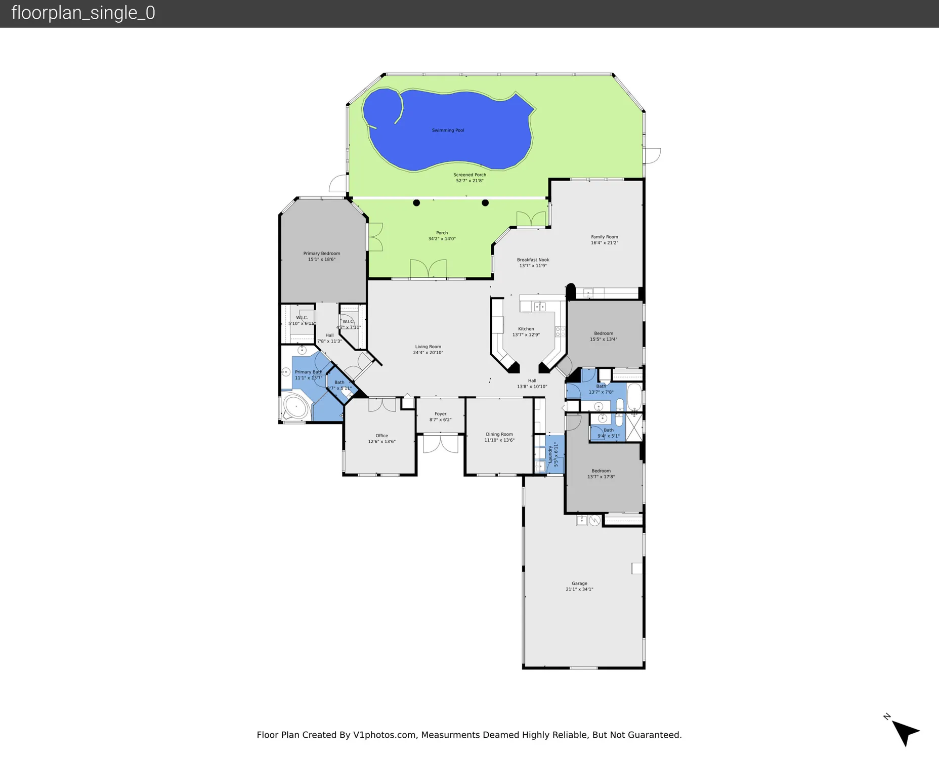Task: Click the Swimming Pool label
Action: click(448, 131)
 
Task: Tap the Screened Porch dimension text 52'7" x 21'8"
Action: click(469, 181)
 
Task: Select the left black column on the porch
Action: click(416, 203)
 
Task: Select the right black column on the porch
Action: click(485, 203)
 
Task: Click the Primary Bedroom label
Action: click(322, 254)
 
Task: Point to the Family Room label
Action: click(605, 237)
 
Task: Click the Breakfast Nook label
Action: click(533, 260)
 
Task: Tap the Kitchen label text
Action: click(526, 329)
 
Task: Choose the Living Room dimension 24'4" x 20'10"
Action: click(428, 353)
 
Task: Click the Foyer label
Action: click(440, 414)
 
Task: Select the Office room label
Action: click(382, 436)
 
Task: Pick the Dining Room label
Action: click(499, 434)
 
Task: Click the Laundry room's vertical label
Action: click(550, 454)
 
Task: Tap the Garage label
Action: click(579, 583)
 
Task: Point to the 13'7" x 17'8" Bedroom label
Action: click(601, 471)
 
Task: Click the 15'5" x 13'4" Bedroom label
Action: click(604, 333)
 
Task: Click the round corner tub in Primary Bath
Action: click(295, 407)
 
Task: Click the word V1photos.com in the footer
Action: click(385, 735)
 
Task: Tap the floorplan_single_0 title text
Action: click(83, 13)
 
